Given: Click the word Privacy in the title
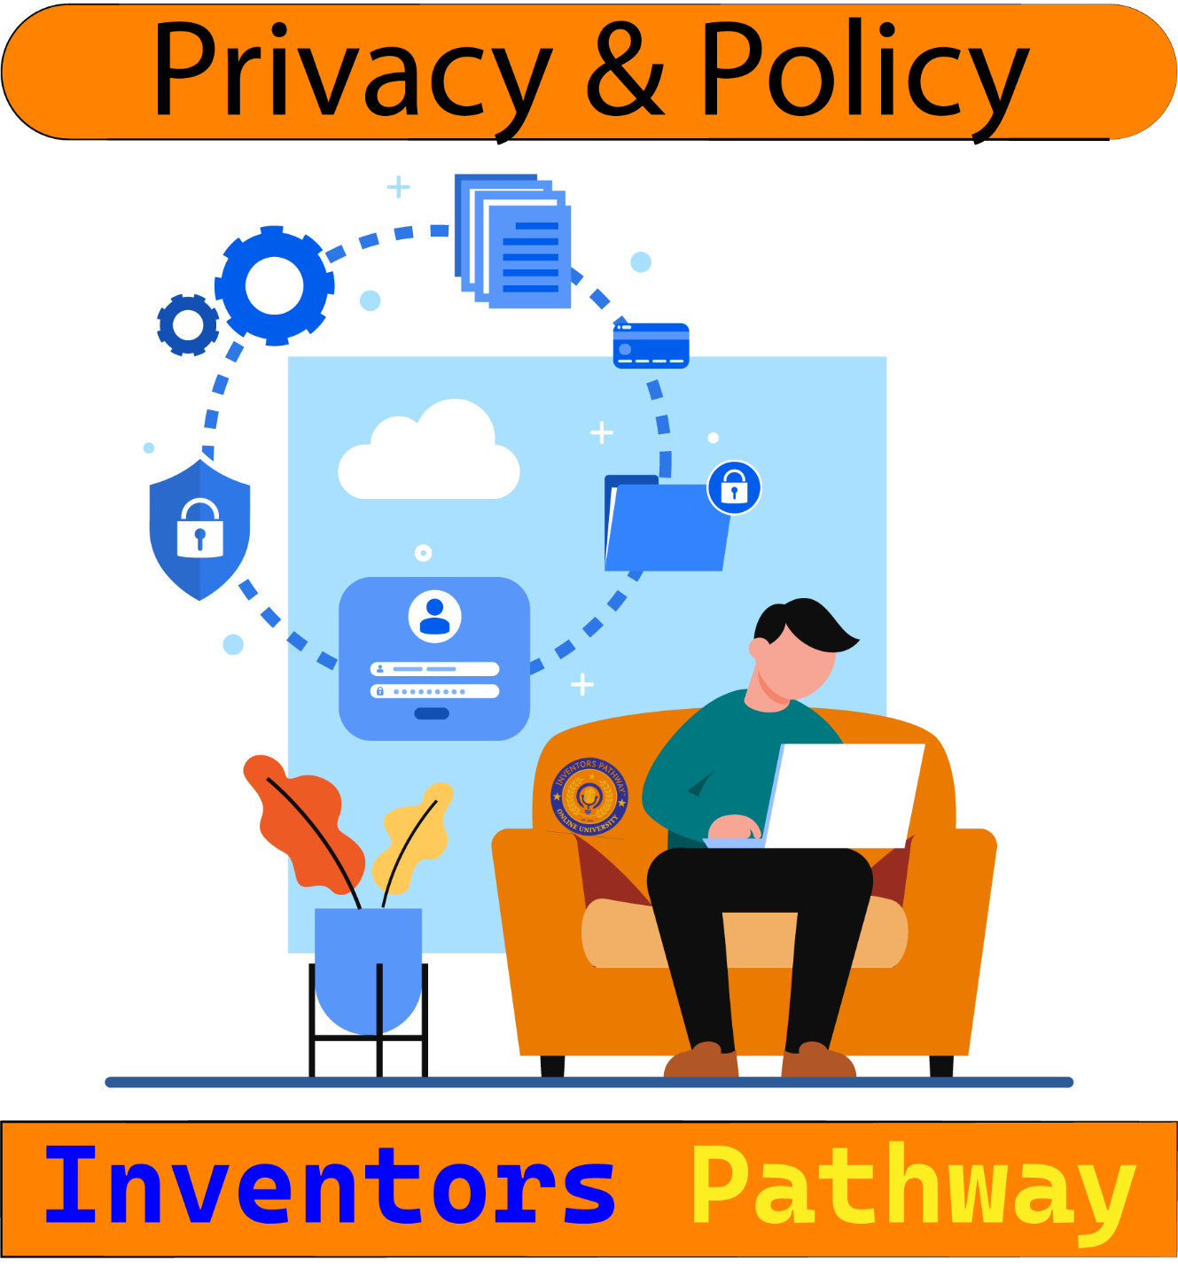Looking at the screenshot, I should [x=350, y=71].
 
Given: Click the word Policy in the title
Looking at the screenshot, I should [x=864, y=71].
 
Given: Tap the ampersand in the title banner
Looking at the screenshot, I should [x=625, y=71].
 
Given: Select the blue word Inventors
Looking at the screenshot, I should [x=330, y=1186].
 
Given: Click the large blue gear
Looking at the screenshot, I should [x=274, y=285].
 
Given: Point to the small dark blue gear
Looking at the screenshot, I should [x=188, y=324].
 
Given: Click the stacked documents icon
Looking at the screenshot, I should [x=514, y=241].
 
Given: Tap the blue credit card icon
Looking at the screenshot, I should [x=651, y=346].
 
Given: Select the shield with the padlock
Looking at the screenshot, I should [x=199, y=529].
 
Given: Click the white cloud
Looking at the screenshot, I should [x=429, y=454].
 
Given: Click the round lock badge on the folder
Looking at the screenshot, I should [x=734, y=487].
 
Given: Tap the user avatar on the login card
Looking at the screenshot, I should [x=434, y=616].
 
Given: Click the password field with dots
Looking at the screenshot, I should [x=434, y=691].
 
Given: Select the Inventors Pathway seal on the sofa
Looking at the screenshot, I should [x=589, y=797].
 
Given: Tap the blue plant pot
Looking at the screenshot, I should [x=368, y=966].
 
